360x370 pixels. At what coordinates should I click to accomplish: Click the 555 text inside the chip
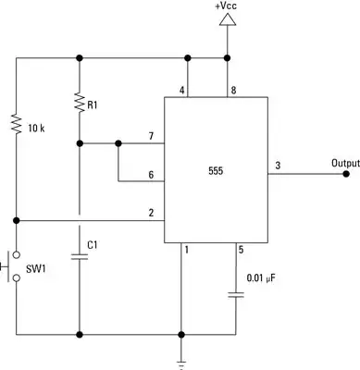click(x=216, y=171)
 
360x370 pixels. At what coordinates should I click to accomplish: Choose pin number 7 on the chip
click(x=152, y=137)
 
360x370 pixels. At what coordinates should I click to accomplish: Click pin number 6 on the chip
click(x=152, y=175)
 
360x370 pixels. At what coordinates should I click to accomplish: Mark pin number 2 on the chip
click(x=151, y=214)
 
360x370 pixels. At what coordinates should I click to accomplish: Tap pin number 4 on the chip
click(x=182, y=90)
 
